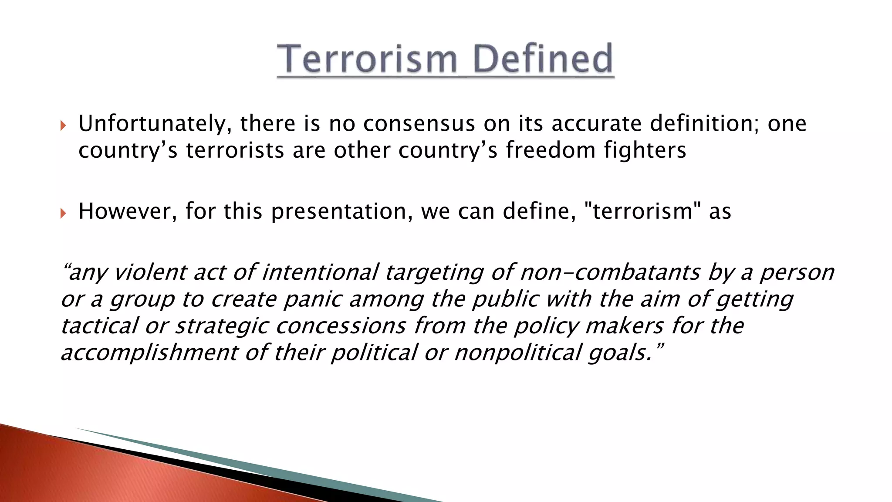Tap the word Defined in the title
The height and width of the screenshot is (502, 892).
pyautogui.click(x=543, y=59)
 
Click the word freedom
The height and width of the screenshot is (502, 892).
pyautogui.click(x=551, y=150)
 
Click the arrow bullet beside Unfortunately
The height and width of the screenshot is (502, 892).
pyautogui.click(x=64, y=126)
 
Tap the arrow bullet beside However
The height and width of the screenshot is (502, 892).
pyautogui.click(x=64, y=214)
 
